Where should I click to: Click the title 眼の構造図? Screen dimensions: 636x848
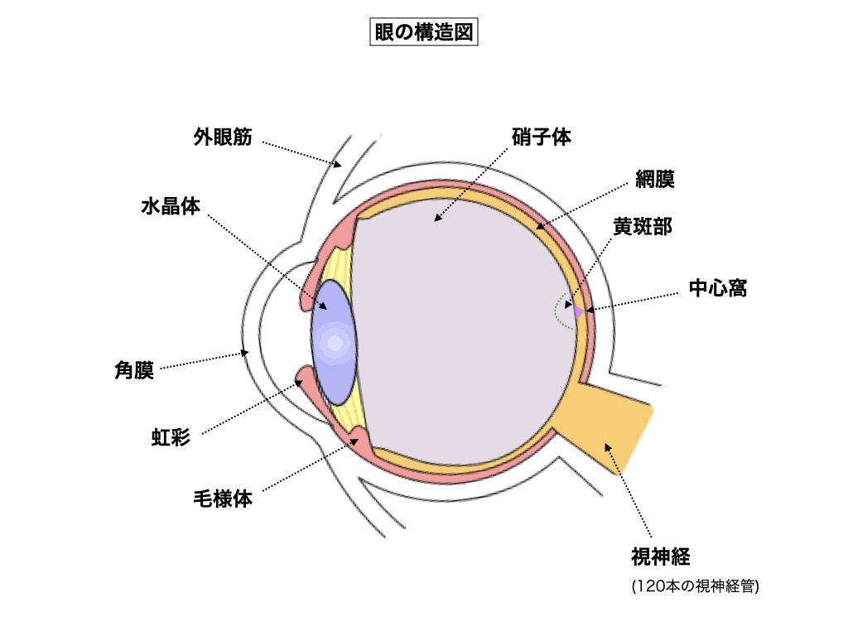(x=423, y=32)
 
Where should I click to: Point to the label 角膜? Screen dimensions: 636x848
(x=134, y=370)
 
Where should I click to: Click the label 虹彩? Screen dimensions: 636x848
(x=171, y=436)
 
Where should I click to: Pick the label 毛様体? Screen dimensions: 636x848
(x=222, y=499)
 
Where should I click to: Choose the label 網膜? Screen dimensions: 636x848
(x=656, y=178)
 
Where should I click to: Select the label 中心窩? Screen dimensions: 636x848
(x=718, y=288)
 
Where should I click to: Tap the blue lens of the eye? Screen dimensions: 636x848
(x=334, y=340)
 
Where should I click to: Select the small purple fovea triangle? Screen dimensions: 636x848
(x=579, y=312)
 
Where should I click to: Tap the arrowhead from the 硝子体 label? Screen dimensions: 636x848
(x=436, y=219)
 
